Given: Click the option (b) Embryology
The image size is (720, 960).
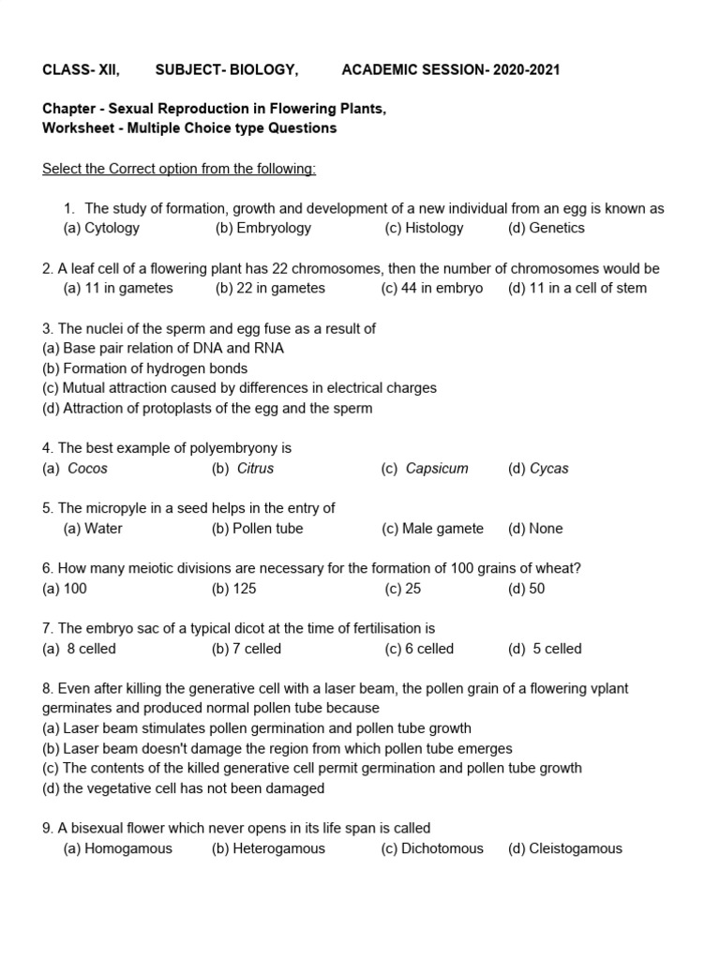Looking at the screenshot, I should pos(263,228).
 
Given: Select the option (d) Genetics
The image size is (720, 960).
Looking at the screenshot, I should pos(546,228).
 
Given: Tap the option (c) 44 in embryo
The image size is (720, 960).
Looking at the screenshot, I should pos(432,288).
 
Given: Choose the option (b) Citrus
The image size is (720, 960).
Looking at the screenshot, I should pos(243,468).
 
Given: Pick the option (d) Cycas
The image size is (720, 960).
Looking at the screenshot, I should pos(538,468).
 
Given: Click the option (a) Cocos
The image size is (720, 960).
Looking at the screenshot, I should pos(75,468).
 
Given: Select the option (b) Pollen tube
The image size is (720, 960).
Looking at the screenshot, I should pos(258,528).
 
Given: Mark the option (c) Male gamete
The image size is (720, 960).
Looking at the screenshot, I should pos(432,528).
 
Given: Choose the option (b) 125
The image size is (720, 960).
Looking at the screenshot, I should pos(234,589).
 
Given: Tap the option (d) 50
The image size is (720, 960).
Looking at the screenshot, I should pos(526,589).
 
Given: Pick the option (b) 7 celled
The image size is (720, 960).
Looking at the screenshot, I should pos(247,649).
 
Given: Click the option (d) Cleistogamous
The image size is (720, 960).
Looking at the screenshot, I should pos(564,848).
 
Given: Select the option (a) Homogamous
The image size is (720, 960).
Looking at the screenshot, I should pos(118,848).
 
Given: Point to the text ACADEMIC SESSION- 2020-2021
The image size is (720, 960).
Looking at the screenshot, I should pos(451,70).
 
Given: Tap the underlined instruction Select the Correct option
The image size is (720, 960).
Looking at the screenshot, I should pos(179,169).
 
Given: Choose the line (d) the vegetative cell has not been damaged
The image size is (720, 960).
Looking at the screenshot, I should pos(184,788).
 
